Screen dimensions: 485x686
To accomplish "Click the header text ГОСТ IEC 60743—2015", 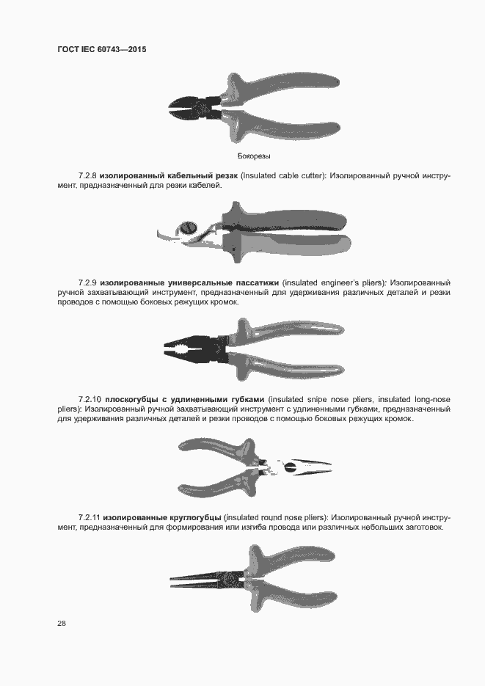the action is click(102, 49).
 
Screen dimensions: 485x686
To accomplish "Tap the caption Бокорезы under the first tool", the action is click(254, 156).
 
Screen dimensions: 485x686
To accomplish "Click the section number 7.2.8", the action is click(87, 176).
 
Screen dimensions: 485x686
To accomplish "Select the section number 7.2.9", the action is click(87, 283).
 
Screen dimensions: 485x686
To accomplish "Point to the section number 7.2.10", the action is click(90, 399).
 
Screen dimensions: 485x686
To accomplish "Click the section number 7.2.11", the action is click(90, 517).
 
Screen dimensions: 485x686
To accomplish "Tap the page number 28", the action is click(62, 624).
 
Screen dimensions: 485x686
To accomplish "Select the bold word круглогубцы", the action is click(194, 518).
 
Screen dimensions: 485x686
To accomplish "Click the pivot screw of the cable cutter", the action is click(187, 228).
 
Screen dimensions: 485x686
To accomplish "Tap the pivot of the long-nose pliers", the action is click(289, 467).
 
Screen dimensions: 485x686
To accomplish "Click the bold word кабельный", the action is click(191, 176).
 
